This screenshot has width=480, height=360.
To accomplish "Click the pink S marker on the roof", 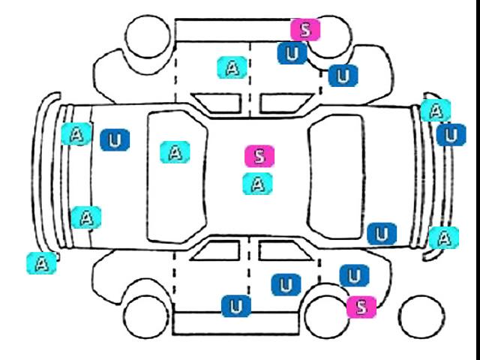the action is tap(259, 156).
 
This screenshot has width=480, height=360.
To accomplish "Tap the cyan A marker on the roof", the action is tap(257, 184).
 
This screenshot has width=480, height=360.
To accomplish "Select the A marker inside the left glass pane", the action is tap(175, 152).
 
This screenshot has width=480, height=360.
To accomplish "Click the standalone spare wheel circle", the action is tap(421, 316).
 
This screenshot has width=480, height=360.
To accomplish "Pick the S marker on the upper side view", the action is tap(305, 30).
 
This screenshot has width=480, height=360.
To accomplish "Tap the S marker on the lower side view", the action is tap(361, 307).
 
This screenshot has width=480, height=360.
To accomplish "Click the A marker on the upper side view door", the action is tap(232, 67).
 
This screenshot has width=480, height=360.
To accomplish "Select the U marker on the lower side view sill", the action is tap(236, 306).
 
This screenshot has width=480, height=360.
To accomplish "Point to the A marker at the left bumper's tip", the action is tap(42, 263).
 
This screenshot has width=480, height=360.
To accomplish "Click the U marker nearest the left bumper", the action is tap(115, 140).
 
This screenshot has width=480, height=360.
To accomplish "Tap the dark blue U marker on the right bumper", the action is tap(451, 135).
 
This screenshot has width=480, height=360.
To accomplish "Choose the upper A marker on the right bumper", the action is tap(436, 110).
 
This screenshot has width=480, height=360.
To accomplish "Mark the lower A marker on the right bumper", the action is tap(444, 238).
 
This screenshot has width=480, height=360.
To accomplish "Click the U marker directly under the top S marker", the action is tap(292, 53).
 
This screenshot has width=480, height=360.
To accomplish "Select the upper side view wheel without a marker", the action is tap(148, 36).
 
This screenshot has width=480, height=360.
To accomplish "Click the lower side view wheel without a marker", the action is tap(146, 316).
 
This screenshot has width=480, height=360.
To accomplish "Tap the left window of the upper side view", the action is tap(217, 103).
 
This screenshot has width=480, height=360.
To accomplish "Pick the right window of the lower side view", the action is tap(285, 250).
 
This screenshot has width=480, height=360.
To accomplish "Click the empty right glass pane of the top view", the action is tap(336, 177).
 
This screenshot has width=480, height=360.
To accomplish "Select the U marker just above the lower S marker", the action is tap(354, 275).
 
